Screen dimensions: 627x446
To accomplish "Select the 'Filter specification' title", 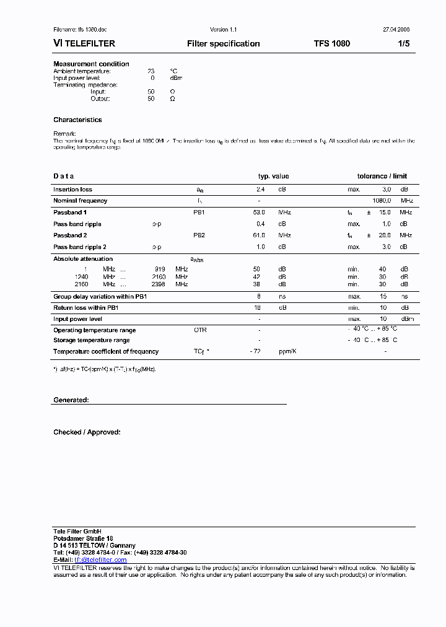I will tap(223, 44).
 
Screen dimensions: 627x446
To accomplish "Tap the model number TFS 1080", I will tap(331, 44).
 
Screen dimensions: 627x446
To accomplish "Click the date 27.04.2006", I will tap(396, 30).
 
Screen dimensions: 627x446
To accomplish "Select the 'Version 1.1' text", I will tap(223, 30).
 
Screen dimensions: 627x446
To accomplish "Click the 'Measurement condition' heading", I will tap(91, 64).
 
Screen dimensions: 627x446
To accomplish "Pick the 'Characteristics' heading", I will tap(77, 120).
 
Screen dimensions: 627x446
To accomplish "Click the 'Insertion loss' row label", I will tap(72, 190).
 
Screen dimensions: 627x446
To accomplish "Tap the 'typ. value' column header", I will tap(273, 177).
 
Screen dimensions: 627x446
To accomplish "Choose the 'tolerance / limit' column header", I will tap(382, 177).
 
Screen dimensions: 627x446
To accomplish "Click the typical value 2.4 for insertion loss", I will tap(261, 190).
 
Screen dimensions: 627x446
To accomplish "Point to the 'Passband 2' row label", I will tap(70, 235).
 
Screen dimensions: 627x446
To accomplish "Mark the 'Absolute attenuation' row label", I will tap(83, 259).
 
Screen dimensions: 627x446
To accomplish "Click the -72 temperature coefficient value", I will tap(255, 351).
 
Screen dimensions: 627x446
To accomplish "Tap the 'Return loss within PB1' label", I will tap(86, 307).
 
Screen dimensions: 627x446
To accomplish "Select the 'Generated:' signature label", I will tap(71, 400).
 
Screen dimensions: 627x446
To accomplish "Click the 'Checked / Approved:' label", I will tap(87, 432).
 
